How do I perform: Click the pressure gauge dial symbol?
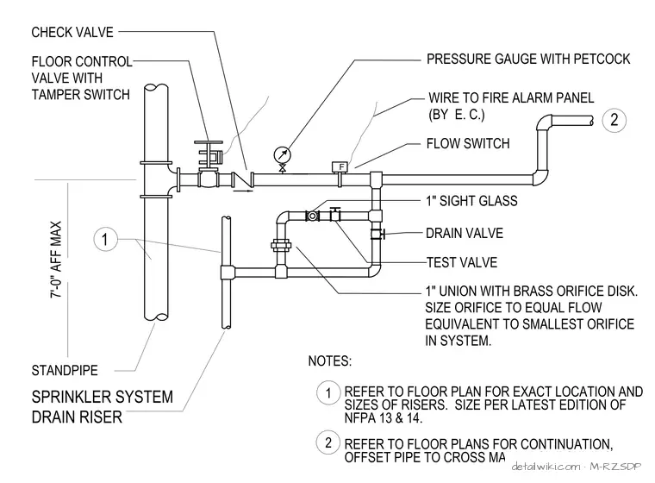[283, 154]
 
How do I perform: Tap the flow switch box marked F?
[340, 166]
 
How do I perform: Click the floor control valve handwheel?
[208, 142]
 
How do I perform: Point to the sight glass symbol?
[313, 216]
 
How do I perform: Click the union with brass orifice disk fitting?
[281, 245]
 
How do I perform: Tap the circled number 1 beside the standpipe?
[105, 239]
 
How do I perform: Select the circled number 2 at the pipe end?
[614, 120]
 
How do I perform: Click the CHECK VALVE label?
[72, 32]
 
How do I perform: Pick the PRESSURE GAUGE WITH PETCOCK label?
[528, 59]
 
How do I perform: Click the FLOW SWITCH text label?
[468, 143]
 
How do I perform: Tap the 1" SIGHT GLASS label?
[471, 201]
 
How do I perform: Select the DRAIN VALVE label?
[464, 233]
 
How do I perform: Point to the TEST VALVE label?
[462, 262]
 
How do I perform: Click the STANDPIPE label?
[65, 370]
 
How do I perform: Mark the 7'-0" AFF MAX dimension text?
[55, 260]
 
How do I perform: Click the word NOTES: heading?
[330, 361]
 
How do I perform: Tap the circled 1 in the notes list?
[328, 392]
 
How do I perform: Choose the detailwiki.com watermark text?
[546, 466]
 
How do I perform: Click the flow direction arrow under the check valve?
[243, 191]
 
